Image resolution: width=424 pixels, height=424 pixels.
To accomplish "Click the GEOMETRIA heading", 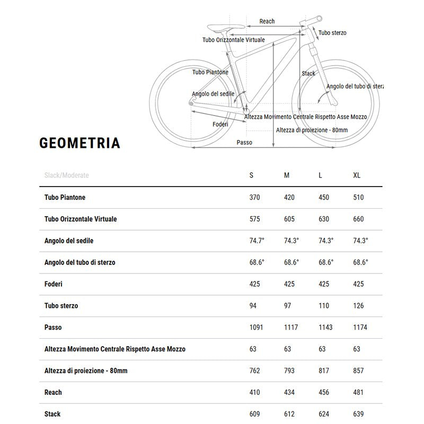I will tap(79, 143).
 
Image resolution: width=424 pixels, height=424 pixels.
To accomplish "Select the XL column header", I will tap(357, 175).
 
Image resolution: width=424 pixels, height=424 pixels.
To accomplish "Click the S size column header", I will tap(251, 175).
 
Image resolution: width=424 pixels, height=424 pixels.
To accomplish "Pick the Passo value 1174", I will tap(360, 327).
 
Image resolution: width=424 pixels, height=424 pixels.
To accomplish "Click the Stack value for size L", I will tap(323, 414).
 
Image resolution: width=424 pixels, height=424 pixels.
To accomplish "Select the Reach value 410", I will tap(254, 392).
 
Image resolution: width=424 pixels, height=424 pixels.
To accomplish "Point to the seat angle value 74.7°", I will tap(257, 241).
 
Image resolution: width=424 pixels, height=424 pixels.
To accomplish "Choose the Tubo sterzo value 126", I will tap(358, 306).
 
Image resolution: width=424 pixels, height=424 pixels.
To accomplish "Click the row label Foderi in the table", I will tap(54, 284).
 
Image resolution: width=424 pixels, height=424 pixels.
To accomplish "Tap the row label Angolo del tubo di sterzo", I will tap(80, 262).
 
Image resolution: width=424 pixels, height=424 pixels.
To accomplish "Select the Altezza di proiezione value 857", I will tap(358, 370).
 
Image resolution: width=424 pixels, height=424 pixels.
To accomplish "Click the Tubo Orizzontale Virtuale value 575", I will tap(254, 219).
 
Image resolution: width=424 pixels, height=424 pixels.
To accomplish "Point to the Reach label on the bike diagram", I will tap(267, 21).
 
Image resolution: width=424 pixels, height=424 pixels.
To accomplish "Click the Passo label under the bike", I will tap(244, 142).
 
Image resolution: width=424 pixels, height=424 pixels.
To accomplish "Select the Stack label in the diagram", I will tap(308, 74).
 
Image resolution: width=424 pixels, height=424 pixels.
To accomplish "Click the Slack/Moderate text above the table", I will tap(67, 175).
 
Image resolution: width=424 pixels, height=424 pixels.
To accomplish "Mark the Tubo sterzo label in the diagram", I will tap(332, 33).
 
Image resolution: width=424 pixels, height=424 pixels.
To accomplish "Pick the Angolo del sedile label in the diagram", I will tap(213, 94).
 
